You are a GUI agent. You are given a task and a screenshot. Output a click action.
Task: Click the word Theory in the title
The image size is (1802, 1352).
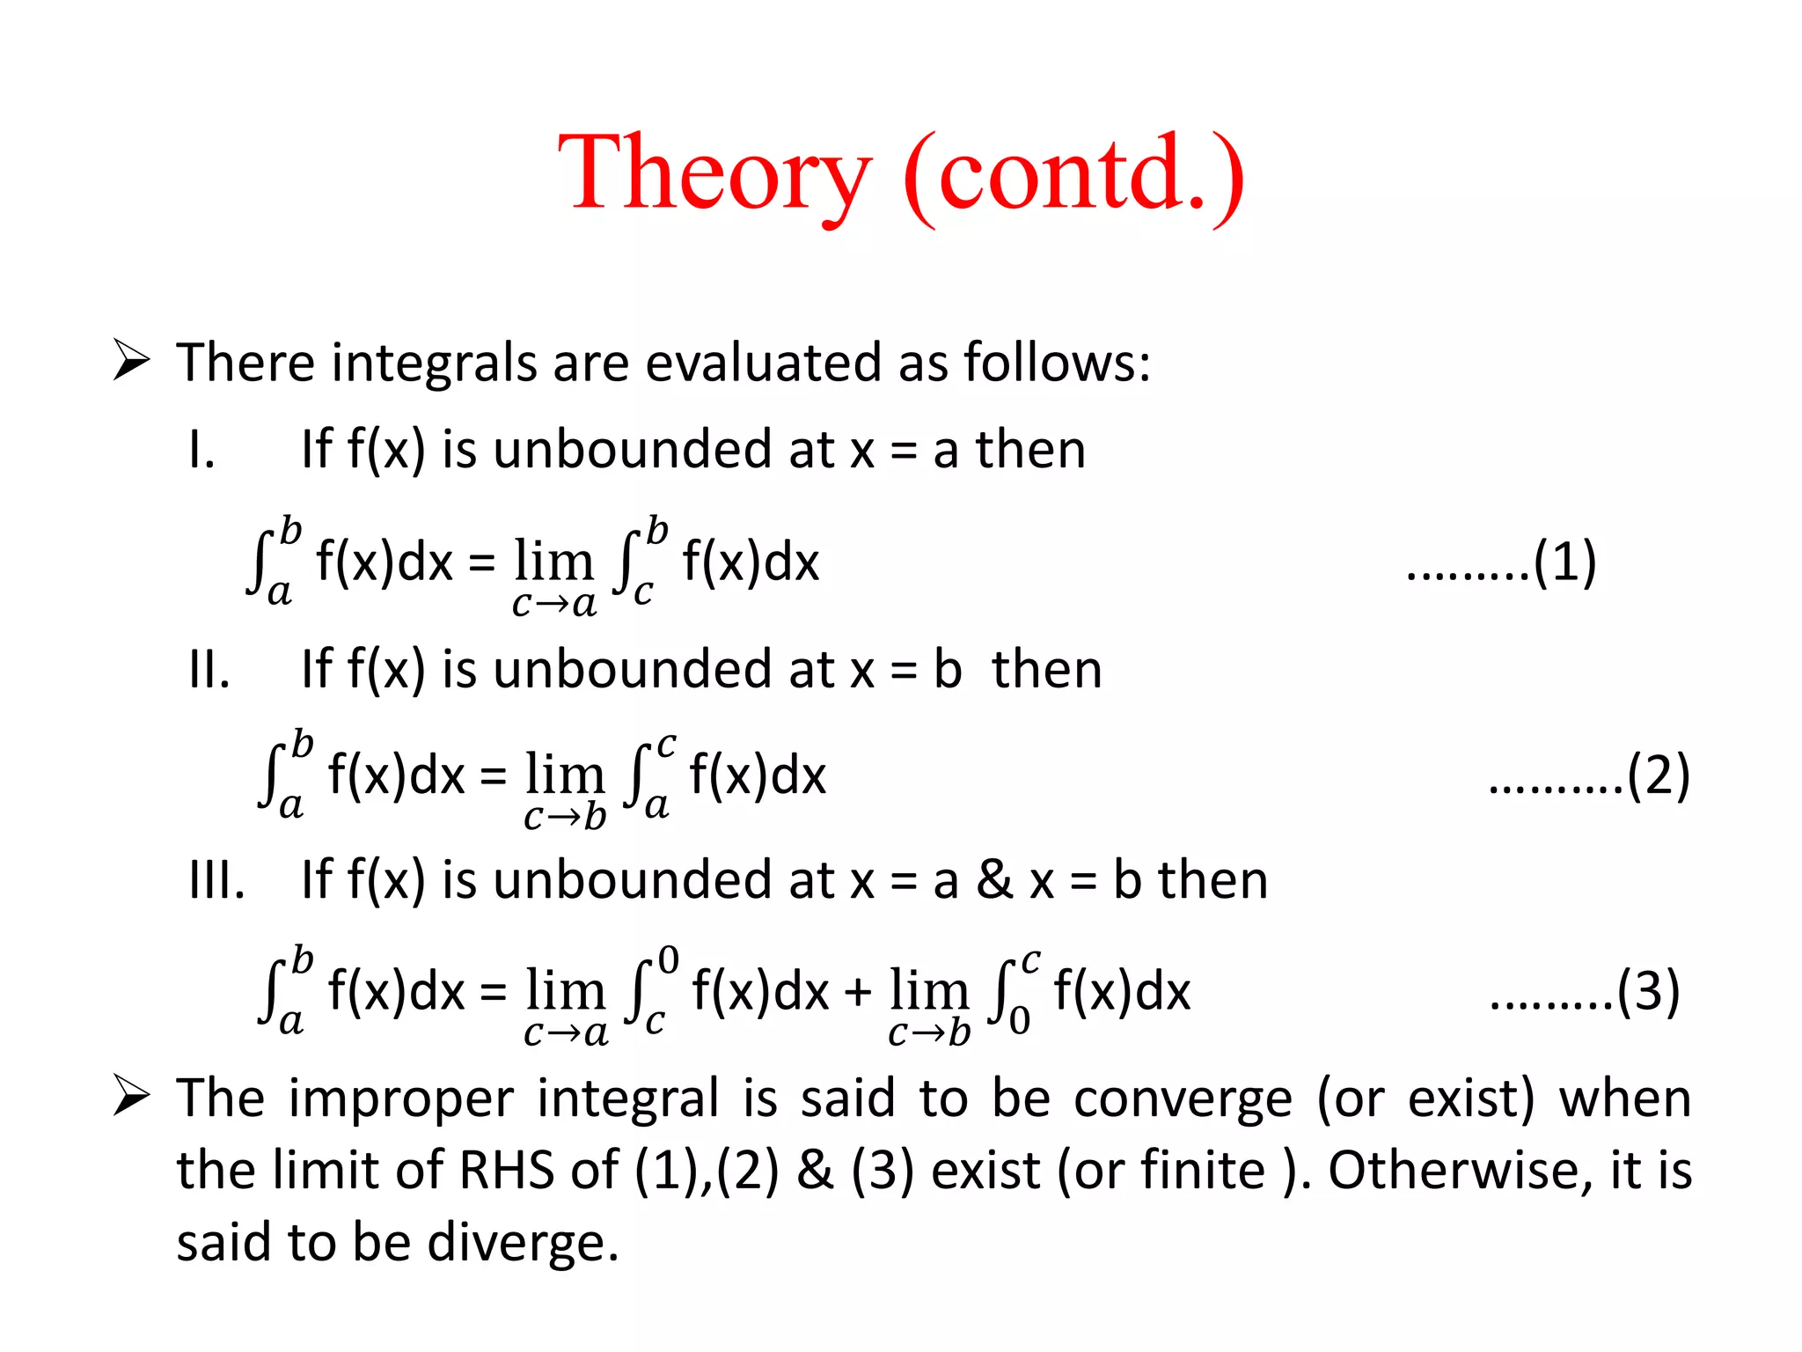pos(714,173)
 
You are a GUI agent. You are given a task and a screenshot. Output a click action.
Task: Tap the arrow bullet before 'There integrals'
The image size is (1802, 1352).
pos(131,362)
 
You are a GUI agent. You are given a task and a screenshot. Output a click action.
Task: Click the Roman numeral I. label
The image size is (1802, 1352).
pos(201,450)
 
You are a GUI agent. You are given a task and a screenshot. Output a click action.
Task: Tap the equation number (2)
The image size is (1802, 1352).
pos(1659,775)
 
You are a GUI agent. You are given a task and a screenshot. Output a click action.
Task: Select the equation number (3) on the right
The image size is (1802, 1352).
pos(1649,991)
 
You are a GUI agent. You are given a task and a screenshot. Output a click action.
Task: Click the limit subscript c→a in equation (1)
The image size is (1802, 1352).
pos(554,605)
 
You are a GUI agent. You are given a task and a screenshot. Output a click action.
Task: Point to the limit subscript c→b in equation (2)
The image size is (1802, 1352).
pos(565,818)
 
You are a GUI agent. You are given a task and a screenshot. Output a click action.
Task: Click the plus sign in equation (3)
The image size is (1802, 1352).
pos(858,993)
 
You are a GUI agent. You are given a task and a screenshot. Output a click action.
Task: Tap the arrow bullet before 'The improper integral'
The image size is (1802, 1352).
pos(131,1098)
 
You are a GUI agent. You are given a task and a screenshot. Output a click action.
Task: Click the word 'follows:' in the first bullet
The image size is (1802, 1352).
pos(1057,362)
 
